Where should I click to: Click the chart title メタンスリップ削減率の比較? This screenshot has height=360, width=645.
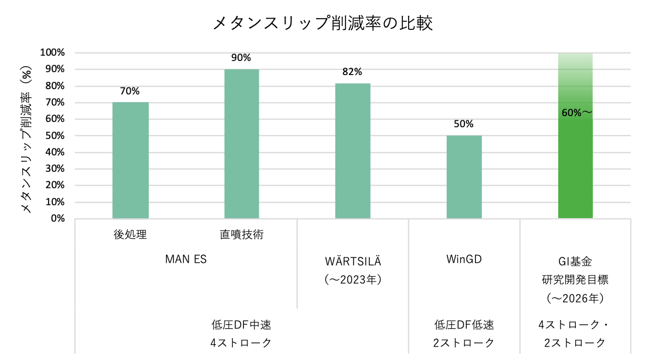(x=322, y=23)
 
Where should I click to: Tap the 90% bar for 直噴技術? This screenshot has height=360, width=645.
(x=242, y=144)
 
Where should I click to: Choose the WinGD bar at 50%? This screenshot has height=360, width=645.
(x=464, y=177)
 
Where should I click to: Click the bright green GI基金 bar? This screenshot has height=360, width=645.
(x=575, y=164)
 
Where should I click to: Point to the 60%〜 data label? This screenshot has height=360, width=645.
(x=576, y=113)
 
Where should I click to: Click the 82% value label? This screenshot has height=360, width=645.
(x=352, y=72)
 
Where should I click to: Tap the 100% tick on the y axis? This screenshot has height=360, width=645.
(x=52, y=53)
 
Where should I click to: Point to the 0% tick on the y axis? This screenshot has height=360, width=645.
(x=57, y=219)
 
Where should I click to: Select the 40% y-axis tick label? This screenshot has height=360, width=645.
(x=55, y=152)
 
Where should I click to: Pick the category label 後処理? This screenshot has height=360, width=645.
(x=130, y=235)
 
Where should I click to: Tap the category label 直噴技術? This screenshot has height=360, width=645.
(x=242, y=235)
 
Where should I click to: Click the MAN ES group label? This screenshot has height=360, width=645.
(x=186, y=259)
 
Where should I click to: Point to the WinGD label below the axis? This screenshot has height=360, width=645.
(x=464, y=259)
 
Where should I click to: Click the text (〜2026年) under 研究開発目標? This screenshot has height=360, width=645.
(x=575, y=298)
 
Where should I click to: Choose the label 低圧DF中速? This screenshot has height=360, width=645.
(x=241, y=324)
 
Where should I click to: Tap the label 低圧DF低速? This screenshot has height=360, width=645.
(x=464, y=324)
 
